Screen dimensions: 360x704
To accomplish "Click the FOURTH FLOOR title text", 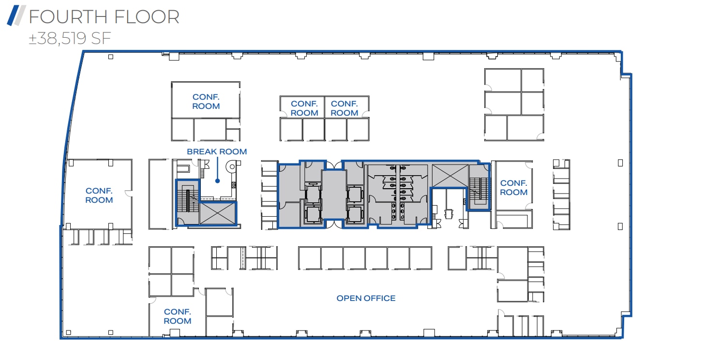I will click(x=104, y=17).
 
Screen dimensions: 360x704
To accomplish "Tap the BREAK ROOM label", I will click(x=217, y=151).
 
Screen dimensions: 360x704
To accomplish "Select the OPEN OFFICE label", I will click(x=366, y=298).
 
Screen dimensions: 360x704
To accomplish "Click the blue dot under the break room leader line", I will click(x=218, y=181).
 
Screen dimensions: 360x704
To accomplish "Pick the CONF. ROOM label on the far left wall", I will click(x=99, y=195).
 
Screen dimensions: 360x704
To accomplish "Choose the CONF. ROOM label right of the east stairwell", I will click(x=513, y=188).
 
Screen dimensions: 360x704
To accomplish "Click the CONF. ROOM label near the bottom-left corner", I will click(x=177, y=316).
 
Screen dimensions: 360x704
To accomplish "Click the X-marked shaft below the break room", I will click(x=217, y=213).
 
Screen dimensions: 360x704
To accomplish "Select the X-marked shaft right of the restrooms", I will click(x=450, y=175).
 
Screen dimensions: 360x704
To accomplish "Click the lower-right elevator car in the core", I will click(x=355, y=214).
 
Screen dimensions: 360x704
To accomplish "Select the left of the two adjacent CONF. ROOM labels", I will click(x=304, y=108).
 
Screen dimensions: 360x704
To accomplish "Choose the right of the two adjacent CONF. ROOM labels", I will click(x=345, y=108).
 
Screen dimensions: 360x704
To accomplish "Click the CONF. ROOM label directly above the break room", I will click(x=206, y=102).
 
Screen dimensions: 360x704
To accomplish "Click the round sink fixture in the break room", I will click(x=231, y=167).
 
